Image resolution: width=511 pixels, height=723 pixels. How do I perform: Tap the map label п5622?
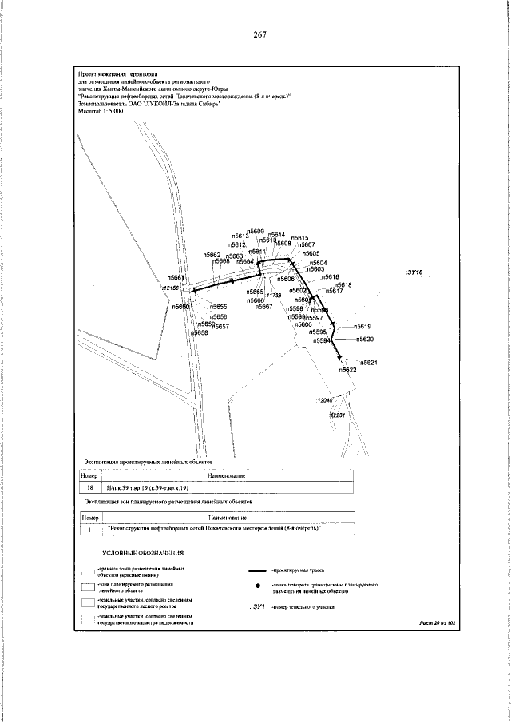pyautogui.click(x=347, y=370)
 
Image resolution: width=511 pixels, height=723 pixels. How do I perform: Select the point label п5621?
pyautogui.click(x=368, y=362)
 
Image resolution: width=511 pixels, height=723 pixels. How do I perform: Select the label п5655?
pyautogui.click(x=219, y=307)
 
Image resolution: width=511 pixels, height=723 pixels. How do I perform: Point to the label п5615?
pyautogui.click(x=300, y=238)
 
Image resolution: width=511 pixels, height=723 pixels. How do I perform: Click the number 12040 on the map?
pyautogui.click(x=324, y=399)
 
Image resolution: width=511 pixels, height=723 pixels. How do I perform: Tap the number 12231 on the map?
pyautogui.click(x=339, y=415)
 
